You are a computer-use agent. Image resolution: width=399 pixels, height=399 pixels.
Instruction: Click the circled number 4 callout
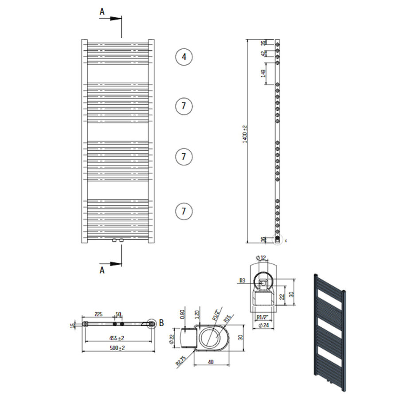(x=184, y=57)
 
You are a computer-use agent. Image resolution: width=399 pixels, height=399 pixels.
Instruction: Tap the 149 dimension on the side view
(x=263, y=73)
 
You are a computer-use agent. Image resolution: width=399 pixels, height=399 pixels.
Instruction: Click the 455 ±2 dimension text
(x=117, y=338)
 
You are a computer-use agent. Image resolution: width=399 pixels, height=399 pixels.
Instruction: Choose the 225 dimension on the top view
(x=98, y=314)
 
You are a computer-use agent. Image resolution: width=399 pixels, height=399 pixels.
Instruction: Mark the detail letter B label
(x=161, y=323)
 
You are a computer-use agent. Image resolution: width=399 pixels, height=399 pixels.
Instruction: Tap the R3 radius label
(x=242, y=280)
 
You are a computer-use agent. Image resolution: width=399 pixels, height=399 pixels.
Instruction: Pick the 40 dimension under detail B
(x=211, y=362)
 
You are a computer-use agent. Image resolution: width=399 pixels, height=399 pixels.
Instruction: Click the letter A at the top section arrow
(x=102, y=12)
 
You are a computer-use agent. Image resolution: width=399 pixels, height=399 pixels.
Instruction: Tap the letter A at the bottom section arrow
(x=102, y=270)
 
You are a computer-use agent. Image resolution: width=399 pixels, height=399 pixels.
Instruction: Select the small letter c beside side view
(x=286, y=241)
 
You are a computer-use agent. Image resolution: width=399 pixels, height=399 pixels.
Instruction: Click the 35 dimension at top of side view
(x=263, y=43)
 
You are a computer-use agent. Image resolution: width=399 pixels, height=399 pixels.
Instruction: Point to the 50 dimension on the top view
(x=118, y=314)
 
